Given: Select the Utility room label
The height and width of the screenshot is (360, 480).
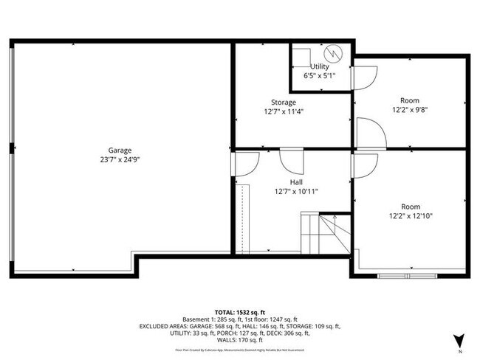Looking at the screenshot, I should point(320,67).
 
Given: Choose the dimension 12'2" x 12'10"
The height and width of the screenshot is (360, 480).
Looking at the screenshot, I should point(411,216).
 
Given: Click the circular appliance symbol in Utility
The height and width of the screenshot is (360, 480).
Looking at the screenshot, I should point(333,54).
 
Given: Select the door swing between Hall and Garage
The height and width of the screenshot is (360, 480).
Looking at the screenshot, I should point(247,165).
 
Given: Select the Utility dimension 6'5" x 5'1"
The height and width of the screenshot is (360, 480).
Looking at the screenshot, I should point(320,75).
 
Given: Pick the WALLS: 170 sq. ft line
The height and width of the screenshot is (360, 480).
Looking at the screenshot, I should point(240,342).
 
